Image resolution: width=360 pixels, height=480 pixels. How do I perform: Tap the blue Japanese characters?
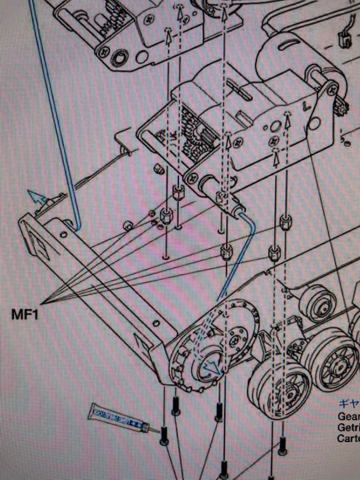[x=349, y=404]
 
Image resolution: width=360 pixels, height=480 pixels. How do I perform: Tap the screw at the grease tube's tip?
[x=164, y=436]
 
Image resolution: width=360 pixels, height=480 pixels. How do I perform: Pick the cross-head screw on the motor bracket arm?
[x=332, y=88]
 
